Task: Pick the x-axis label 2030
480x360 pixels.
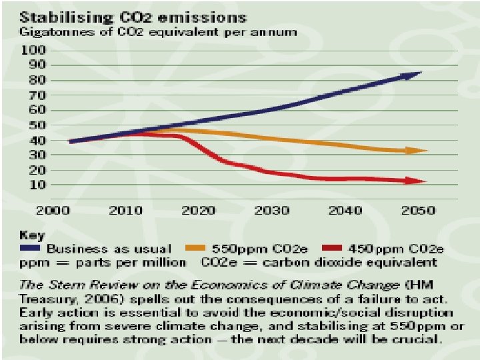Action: pos(271,211)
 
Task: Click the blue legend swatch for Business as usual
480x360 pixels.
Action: pos(35,249)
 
